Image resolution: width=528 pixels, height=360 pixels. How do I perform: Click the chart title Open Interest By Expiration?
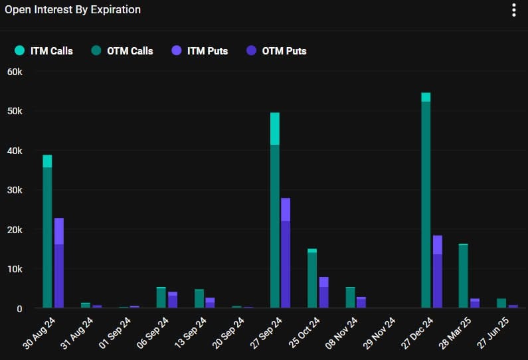73,10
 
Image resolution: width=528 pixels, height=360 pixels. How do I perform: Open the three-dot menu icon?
513,10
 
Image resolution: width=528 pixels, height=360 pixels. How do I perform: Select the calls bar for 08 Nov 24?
350,298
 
